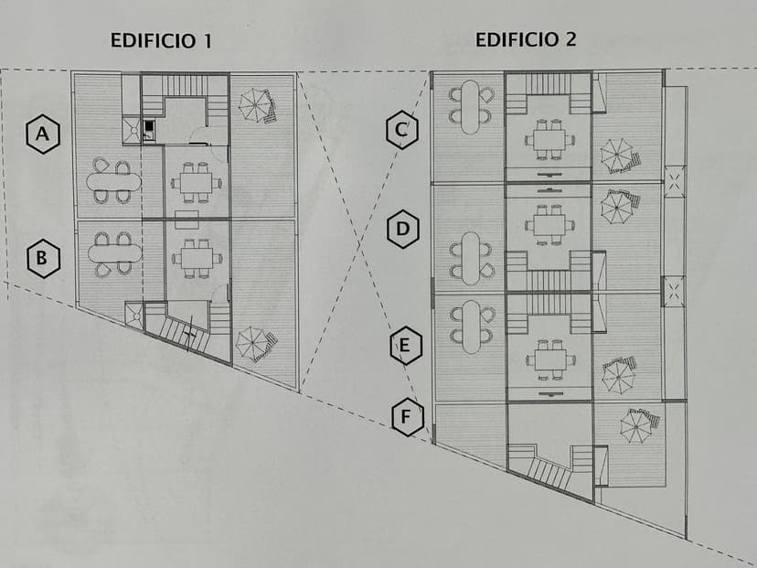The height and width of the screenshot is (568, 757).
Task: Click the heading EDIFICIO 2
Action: tap(525, 39)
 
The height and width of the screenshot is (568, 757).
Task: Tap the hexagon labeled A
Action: tap(41, 135)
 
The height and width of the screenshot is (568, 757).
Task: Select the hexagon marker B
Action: tap(41, 259)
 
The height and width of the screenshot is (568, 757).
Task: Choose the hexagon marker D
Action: tap(402, 230)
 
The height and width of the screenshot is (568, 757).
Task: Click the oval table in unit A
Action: tap(113, 181)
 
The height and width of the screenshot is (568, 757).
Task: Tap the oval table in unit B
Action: tap(113, 252)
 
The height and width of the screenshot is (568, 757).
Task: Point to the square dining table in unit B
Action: tap(196, 258)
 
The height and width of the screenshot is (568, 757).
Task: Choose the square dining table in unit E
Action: tap(550, 359)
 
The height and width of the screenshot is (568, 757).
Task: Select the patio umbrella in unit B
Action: tap(251, 343)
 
